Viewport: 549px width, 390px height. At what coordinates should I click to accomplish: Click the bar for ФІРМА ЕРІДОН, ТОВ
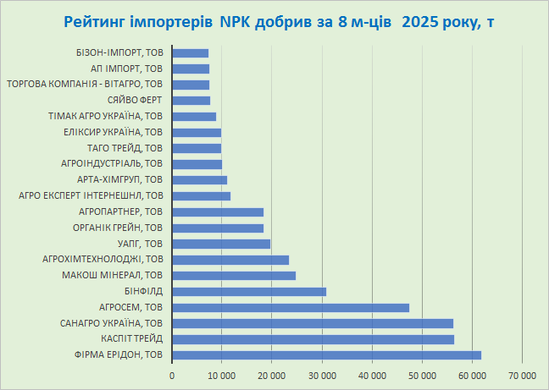coord(326,355)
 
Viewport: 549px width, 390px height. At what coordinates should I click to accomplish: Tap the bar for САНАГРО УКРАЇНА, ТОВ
coord(313,323)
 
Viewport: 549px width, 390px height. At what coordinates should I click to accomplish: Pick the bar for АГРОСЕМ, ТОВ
coord(291,307)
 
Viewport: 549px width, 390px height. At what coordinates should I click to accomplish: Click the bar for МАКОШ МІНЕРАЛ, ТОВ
coord(234,276)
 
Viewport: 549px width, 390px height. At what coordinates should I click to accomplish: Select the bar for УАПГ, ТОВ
coord(221,244)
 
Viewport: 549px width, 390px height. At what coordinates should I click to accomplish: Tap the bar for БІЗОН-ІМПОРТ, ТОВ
coord(191,53)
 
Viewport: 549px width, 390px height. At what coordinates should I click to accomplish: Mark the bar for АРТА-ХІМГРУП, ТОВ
coord(200,180)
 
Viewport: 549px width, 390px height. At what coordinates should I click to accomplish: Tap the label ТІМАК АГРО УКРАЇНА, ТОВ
coord(108,117)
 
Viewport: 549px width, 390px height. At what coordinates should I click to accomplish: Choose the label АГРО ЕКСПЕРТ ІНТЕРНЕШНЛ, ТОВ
coord(90,196)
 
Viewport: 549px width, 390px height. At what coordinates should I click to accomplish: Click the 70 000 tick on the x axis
coord(522,374)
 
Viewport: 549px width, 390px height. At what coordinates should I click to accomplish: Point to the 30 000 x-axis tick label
coord(322,374)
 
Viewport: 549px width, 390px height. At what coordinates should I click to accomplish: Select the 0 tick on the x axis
coord(172,374)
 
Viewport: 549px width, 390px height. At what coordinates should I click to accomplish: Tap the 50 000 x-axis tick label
coord(422,374)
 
